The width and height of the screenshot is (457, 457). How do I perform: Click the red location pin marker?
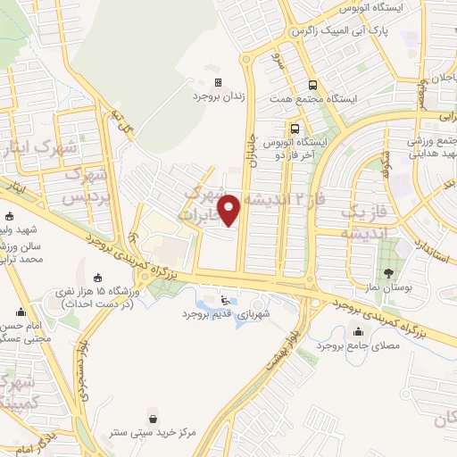pos(230,210)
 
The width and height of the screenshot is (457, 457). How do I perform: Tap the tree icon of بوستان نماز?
pos(388,273)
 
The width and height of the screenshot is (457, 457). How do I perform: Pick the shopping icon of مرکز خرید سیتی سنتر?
pos(153,418)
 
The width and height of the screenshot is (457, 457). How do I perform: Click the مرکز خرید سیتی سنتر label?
pos(154,432)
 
